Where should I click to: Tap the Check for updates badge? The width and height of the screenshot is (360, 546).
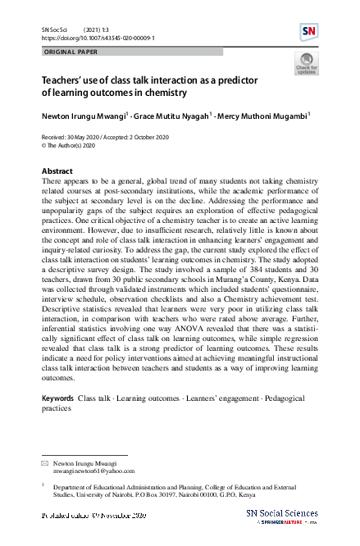coord(305,65)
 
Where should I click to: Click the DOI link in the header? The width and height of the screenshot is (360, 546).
coord(98,37)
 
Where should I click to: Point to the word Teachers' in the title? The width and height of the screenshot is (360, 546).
coord(64,82)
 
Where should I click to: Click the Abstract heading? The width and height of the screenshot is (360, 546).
coord(57,171)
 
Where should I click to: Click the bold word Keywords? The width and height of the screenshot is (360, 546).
coord(57,398)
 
